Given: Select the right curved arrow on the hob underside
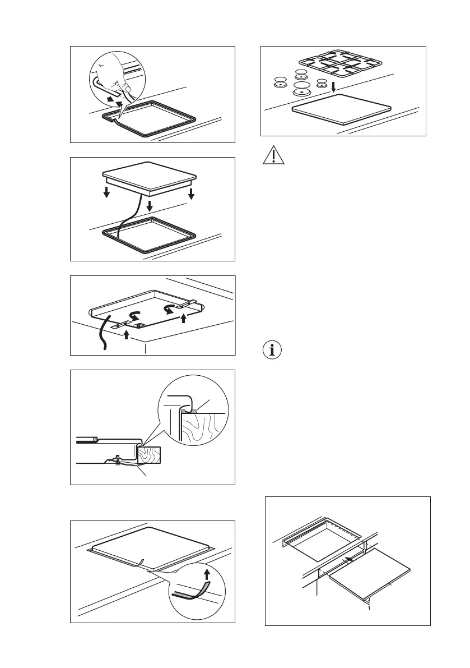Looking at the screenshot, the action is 169,308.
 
